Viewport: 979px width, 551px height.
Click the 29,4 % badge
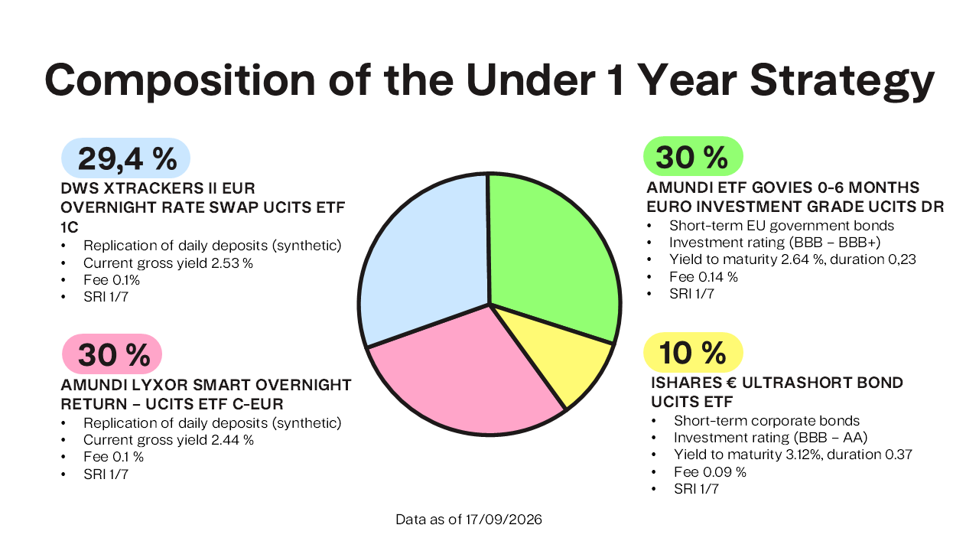[126, 158]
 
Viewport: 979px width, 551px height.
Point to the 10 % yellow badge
[693, 353]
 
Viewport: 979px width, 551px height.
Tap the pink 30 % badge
[112, 354]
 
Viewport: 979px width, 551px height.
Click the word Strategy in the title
[842, 82]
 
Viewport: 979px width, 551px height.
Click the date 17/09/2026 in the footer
[503, 520]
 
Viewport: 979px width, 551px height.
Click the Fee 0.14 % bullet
[703, 277]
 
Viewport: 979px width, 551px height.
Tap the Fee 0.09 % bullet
[710, 472]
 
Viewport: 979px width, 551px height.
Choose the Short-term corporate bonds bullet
[766, 421]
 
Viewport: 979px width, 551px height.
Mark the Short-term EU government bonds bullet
[782, 226]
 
